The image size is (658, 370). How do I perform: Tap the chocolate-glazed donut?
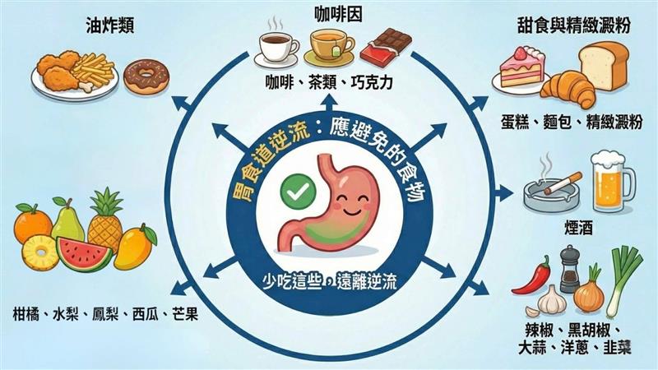click(146, 76)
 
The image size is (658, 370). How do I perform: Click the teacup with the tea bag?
click(330, 47)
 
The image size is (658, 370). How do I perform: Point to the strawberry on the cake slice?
click(521, 53)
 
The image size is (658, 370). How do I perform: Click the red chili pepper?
click(532, 276)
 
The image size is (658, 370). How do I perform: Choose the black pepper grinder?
click(569, 269)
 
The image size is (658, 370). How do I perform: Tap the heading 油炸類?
click(110, 26)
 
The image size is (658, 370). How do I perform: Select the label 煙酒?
click(579, 228)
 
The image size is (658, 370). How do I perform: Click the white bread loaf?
click(605, 65)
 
